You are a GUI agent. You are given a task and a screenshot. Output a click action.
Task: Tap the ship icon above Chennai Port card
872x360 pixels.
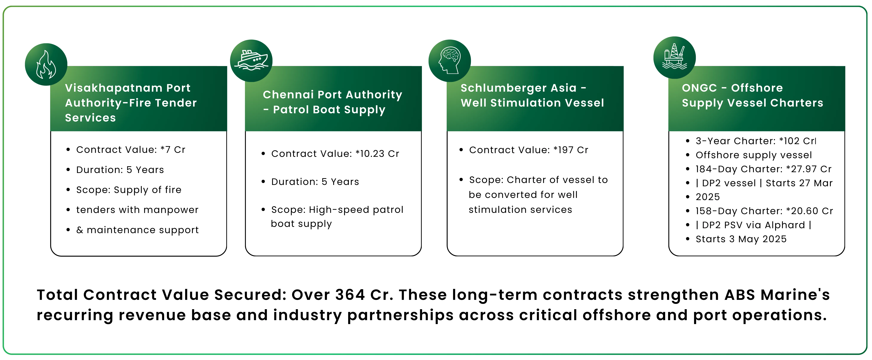coord(251,61)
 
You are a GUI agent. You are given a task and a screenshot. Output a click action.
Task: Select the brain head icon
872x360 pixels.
coord(450,61)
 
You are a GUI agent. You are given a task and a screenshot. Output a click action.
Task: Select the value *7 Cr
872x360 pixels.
coord(173,150)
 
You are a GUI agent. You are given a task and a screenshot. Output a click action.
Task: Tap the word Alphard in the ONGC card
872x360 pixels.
coord(785,225)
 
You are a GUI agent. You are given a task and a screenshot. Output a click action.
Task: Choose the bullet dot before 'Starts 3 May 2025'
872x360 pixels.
coord(687,239)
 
